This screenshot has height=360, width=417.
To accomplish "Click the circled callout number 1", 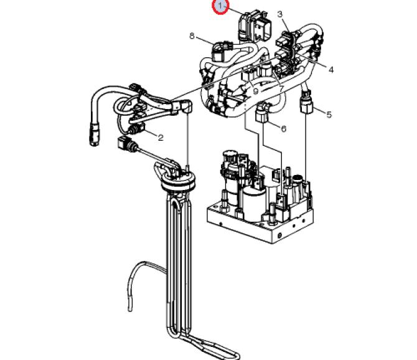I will point(220,6).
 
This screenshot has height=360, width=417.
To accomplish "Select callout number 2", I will point(161,137).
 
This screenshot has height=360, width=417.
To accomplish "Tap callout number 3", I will point(279,14).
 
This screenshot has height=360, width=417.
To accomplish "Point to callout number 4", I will point(331,69).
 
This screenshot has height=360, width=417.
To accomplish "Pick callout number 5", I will point(330,115).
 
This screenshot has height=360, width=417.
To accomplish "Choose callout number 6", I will point(283,129).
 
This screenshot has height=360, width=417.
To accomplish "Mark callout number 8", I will point(192,36).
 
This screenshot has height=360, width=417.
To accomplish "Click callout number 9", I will point(255,91).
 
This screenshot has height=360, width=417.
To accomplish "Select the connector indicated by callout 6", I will point(262,114).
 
